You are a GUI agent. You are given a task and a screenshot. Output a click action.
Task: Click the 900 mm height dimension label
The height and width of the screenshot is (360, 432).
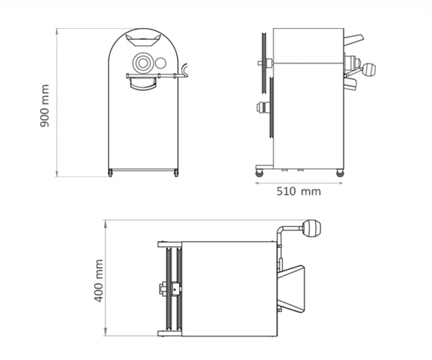45,106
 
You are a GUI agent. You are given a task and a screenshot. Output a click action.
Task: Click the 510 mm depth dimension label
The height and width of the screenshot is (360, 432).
299,191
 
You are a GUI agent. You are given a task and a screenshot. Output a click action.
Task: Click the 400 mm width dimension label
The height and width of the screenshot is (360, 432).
99,281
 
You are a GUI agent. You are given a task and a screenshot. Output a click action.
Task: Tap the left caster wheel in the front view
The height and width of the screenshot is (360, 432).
111,174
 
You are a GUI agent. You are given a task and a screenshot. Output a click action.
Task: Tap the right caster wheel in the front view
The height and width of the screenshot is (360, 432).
177,174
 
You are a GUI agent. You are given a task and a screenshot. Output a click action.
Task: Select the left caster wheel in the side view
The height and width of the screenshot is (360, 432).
260,173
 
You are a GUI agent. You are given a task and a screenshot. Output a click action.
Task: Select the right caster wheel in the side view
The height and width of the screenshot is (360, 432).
340,173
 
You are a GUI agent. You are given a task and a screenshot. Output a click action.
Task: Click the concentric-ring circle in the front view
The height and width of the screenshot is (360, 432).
143,63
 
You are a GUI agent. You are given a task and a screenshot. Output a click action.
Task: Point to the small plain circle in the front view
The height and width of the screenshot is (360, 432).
160,63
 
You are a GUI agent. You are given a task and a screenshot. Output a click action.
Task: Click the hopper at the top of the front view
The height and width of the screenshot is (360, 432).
143,40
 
